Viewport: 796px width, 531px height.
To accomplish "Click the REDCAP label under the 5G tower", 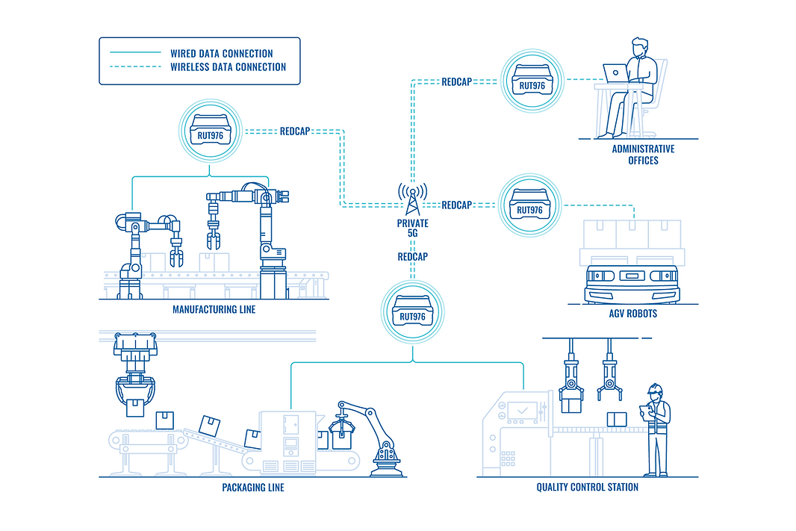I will pyautogui.click(x=412, y=256).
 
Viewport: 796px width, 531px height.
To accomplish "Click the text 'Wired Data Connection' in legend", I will pyautogui.click(x=222, y=54).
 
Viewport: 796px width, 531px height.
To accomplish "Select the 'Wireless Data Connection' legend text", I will pyautogui.click(x=228, y=66).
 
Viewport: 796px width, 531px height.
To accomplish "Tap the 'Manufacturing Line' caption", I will pyautogui.click(x=214, y=309).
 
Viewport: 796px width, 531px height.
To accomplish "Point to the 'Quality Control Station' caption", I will pyautogui.click(x=588, y=488).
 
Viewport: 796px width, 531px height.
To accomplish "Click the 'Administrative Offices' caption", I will pyautogui.click(x=643, y=155).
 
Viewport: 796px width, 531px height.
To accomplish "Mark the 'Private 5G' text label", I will pyautogui.click(x=413, y=229).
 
